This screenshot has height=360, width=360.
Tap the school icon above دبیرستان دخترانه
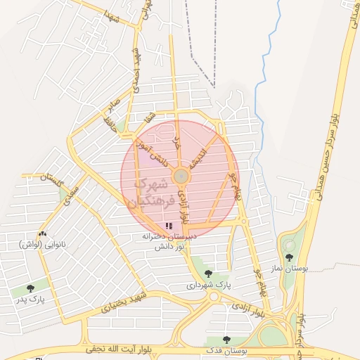[x=168, y=226]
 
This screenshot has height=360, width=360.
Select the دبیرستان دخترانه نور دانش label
[x=168, y=241]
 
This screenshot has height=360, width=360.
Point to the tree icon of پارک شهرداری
[x=207, y=273]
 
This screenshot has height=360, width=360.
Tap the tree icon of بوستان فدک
[x=226, y=340]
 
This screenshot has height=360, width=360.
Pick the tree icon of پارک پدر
[x=30, y=288]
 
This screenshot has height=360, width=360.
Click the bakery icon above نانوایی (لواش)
[x=44, y=234]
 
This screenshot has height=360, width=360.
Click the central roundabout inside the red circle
[x=180, y=175]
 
